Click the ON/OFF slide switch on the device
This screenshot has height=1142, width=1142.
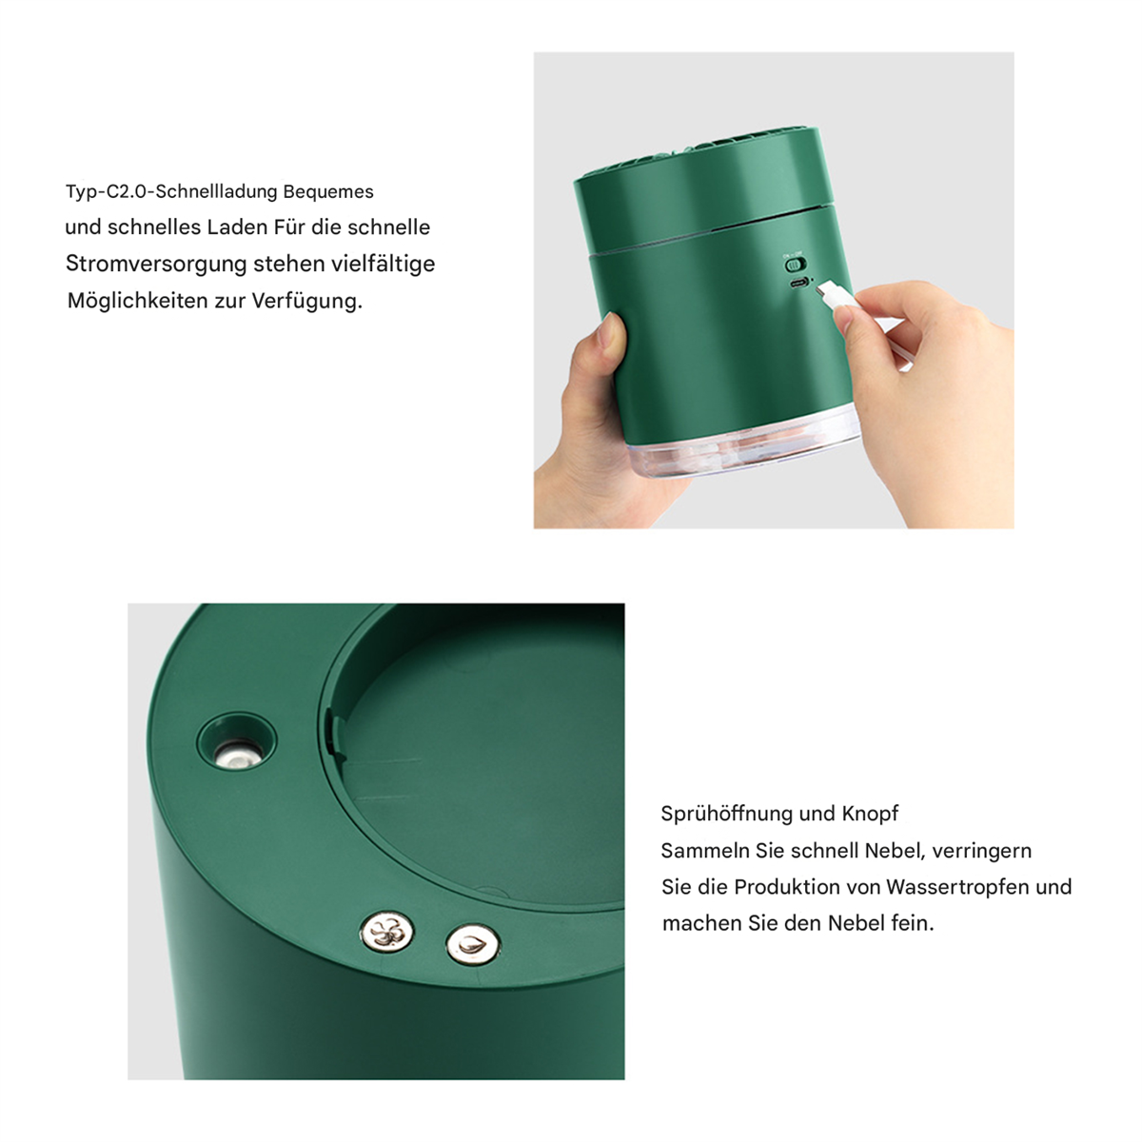[x=795, y=264]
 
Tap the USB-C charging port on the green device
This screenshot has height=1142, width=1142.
[x=800, y=282]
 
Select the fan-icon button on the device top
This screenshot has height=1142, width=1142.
[x=387, y=932]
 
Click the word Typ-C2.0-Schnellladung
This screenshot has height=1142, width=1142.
[x=172, y=191]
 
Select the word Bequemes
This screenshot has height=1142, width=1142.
[x=328, y=192]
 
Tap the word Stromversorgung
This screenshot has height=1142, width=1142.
[x=156, y=265]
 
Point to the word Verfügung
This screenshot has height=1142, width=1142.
[x=307, y=301]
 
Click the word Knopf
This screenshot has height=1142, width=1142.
[x=870, y=814]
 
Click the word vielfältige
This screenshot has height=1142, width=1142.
[x=383, y=265]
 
